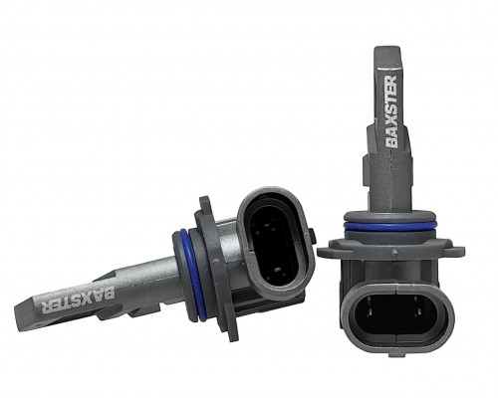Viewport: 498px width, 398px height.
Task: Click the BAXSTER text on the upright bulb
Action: [x=391, y=111]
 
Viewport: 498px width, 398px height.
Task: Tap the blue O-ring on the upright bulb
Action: [x=385, y=226]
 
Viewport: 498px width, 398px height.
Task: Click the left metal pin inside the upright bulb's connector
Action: [x=371, y=310]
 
